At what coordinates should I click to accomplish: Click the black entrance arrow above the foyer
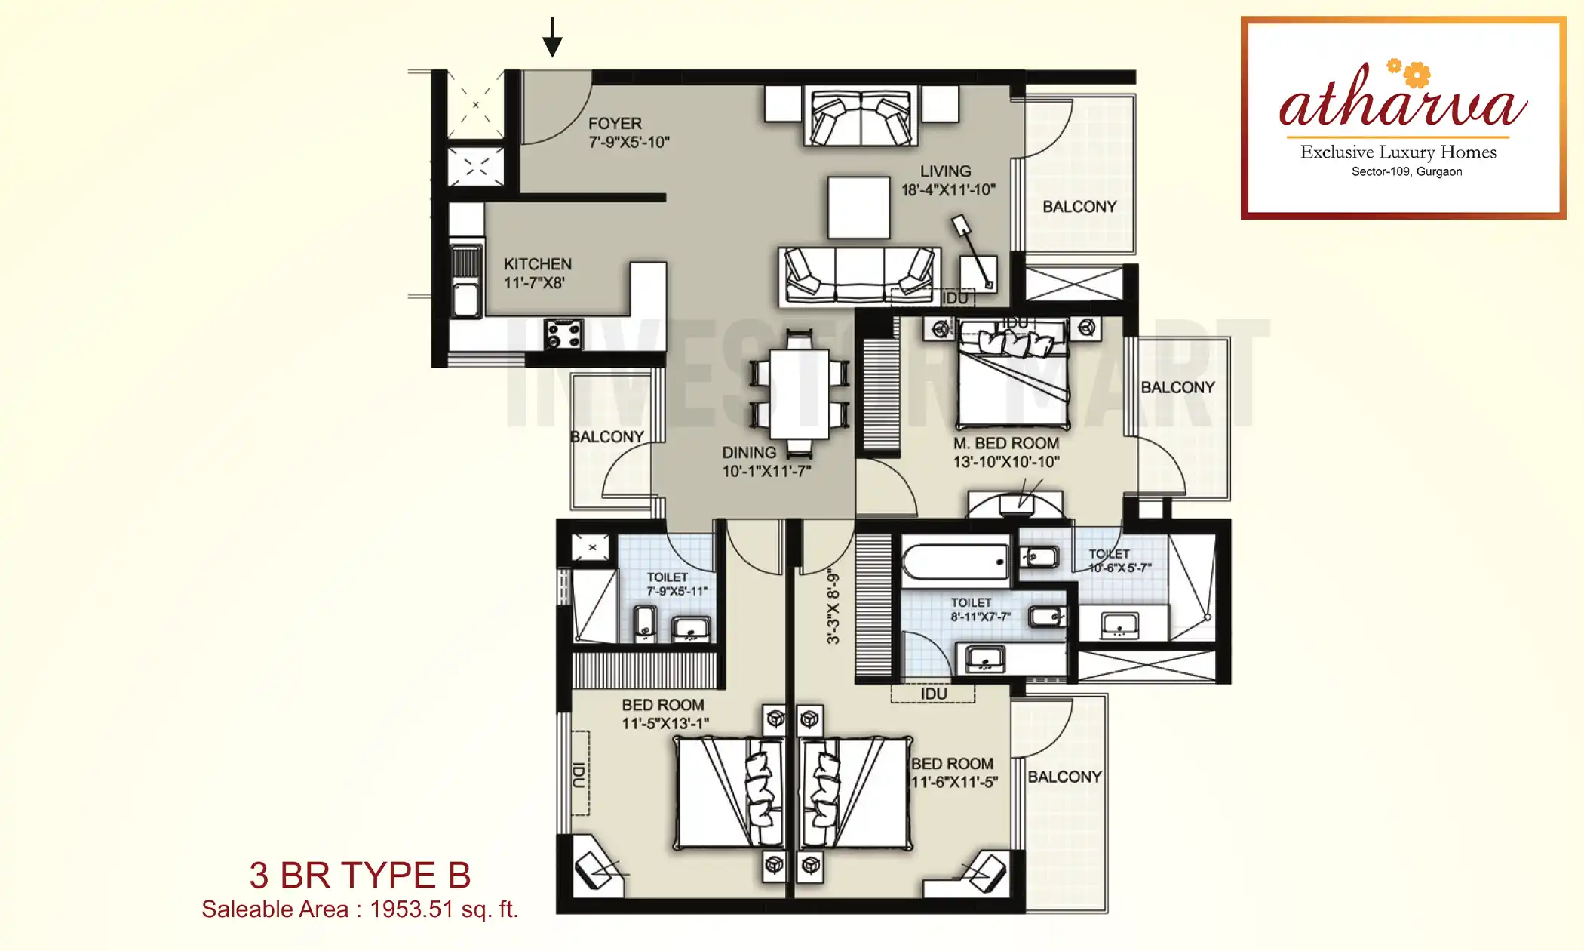click(x=552, y=38)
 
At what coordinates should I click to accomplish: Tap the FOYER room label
click(x=615, y=124)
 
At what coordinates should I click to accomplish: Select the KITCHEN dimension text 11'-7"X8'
click(x=534, y=283)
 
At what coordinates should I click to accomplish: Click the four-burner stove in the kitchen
click(x=563, y=334)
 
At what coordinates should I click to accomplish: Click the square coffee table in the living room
click(x=858, y=208)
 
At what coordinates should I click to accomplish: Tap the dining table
click(x=800, y=394)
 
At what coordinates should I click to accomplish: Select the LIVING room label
click(x=945, y=171)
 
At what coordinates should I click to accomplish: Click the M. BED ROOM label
click(x=1005, y=444)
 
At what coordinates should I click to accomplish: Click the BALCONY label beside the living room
click(x=1079, y=207)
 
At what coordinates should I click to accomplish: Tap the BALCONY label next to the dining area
click(x=606, y=437)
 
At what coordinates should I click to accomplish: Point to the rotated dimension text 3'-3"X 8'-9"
click(x=833, y=606)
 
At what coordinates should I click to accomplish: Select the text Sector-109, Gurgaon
click(x=1406, y=172)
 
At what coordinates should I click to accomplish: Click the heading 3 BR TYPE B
click(x=360, y=876)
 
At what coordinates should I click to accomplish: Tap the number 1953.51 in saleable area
click(x=411, y=909)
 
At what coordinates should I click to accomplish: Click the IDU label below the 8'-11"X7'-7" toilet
click(x=933, y=694)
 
